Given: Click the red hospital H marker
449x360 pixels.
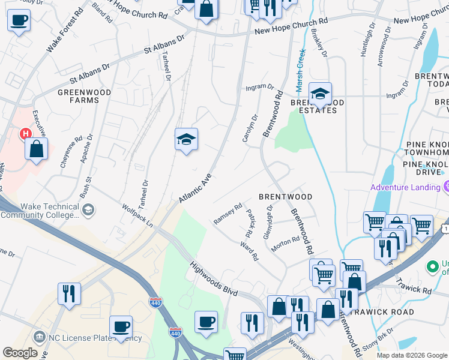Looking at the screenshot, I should (25, 133).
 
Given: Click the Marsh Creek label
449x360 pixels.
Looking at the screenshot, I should (301, 66).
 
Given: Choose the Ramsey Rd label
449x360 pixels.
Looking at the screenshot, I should (228, 214).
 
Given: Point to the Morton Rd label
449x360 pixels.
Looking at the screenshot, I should (286, 241).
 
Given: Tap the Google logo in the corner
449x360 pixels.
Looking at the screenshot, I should (20, 352).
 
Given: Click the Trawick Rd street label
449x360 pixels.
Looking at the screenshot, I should (418, 287).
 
